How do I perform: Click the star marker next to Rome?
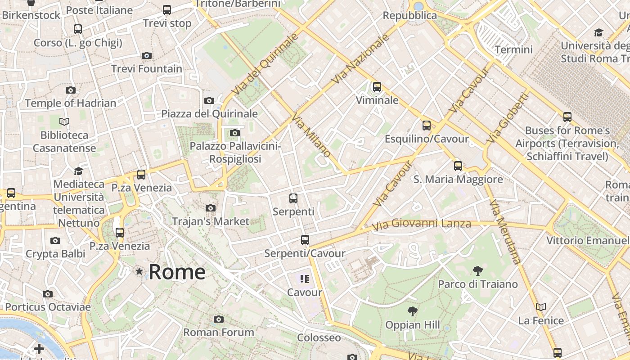[139, 271]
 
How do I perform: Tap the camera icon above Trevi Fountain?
[147, 56]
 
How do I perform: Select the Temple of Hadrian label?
[71, 103]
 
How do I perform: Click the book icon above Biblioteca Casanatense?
[64, 121]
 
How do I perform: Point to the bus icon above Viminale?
[377, 86]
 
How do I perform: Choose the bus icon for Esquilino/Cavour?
[427, 126]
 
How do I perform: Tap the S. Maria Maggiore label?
[458, 180]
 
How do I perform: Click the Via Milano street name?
[311, 135]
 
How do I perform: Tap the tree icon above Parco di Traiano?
[478, 271]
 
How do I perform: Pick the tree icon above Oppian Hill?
[412, 311]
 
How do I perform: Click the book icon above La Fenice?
[541, 307]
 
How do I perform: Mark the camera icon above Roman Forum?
[219, 319]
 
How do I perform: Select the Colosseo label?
[319, 337]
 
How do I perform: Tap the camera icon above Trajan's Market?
[211, 208]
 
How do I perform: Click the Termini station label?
[513, 49]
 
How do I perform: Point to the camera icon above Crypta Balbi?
[55, 240]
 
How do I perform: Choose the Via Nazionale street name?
[360, 58]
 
